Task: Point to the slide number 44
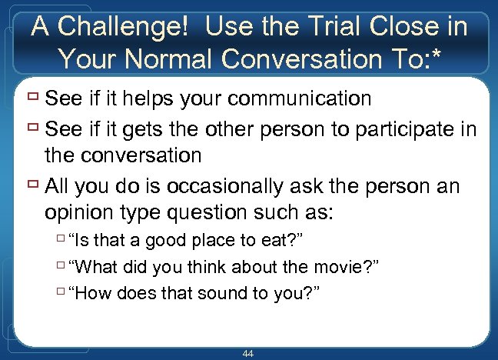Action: click(248, 353)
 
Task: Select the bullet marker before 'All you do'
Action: click(32, 185)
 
